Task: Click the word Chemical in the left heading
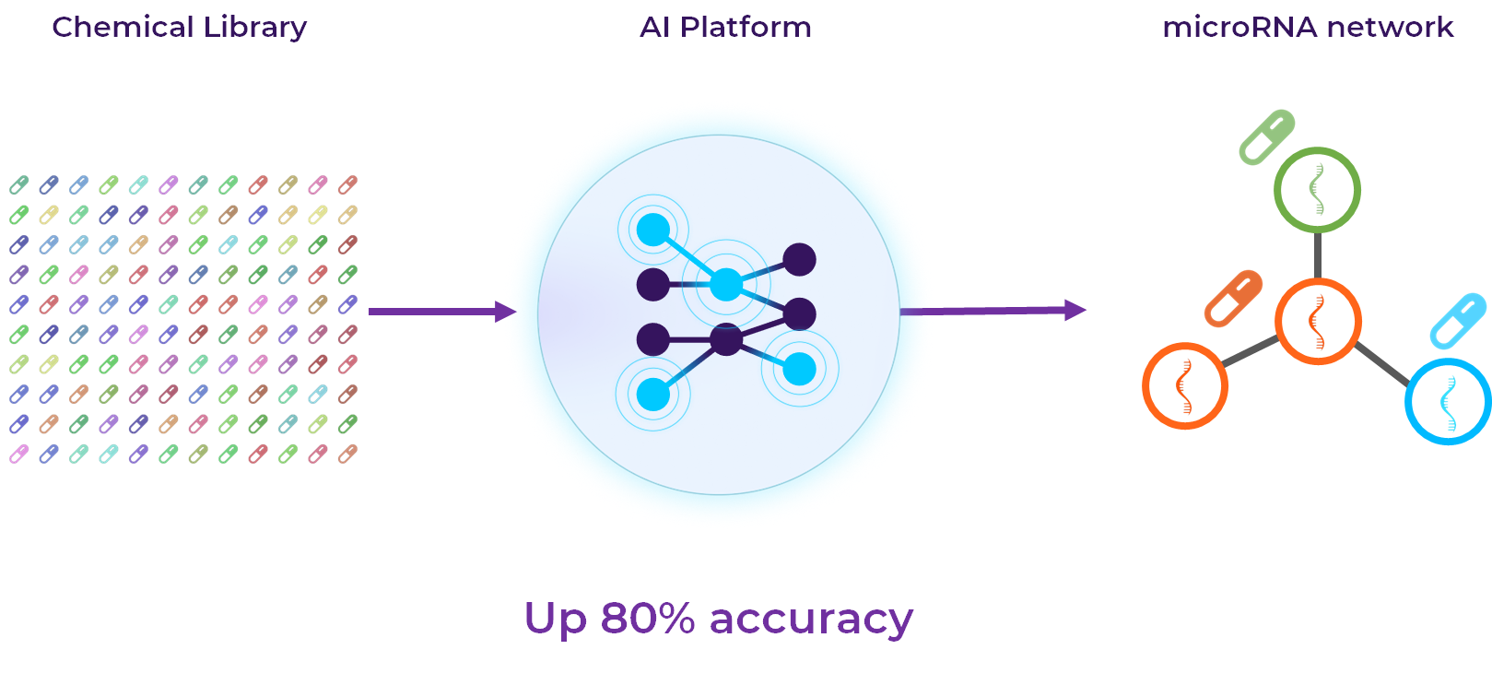[123, 28]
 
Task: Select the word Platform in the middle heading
[746, 28]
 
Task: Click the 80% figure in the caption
[648, 619]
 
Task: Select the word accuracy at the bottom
[811, 620]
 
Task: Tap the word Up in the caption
[555, 620]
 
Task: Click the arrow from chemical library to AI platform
[441, 312]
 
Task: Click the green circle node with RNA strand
[1317, 190]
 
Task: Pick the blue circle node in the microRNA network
[1448, 401]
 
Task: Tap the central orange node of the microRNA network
[1318, 321]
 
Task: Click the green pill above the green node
[1267, 137]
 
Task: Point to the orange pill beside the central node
[1233, 298]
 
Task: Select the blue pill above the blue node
[1458, 320]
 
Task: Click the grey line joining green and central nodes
[1318, 255]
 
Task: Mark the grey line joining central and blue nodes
[1382, 362]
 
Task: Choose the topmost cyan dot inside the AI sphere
[653, 230]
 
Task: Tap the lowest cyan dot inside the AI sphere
[652, 395]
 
